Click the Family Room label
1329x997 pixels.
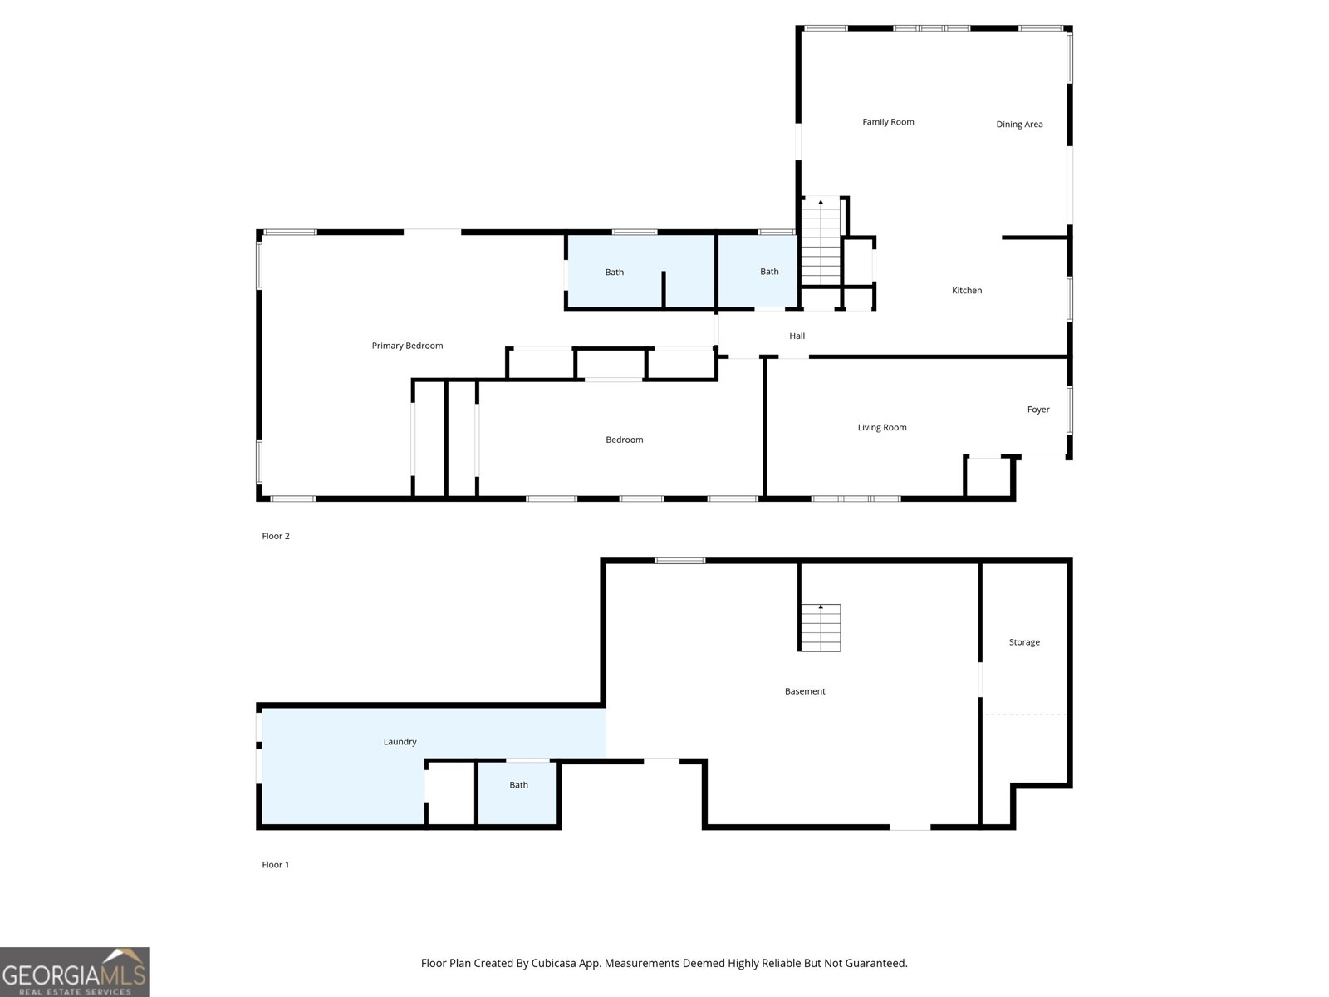888,121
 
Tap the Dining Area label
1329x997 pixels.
1019,124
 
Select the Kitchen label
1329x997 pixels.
966,290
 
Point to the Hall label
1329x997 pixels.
797,336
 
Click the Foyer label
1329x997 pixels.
1037,410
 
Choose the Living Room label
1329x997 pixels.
881,427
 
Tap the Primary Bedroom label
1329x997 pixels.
407,346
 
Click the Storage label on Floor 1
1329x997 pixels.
1024,641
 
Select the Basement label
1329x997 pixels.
805,690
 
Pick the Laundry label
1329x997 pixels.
400,742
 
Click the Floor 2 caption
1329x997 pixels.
276,536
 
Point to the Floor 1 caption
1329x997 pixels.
275,864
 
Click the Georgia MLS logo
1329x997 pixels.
75,971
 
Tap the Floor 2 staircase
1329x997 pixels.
821,242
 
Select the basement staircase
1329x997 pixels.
821,628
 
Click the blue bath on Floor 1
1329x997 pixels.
517,793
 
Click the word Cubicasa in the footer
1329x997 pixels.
553,963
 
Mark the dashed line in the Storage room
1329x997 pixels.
1024,715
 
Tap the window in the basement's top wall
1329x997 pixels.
680,561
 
